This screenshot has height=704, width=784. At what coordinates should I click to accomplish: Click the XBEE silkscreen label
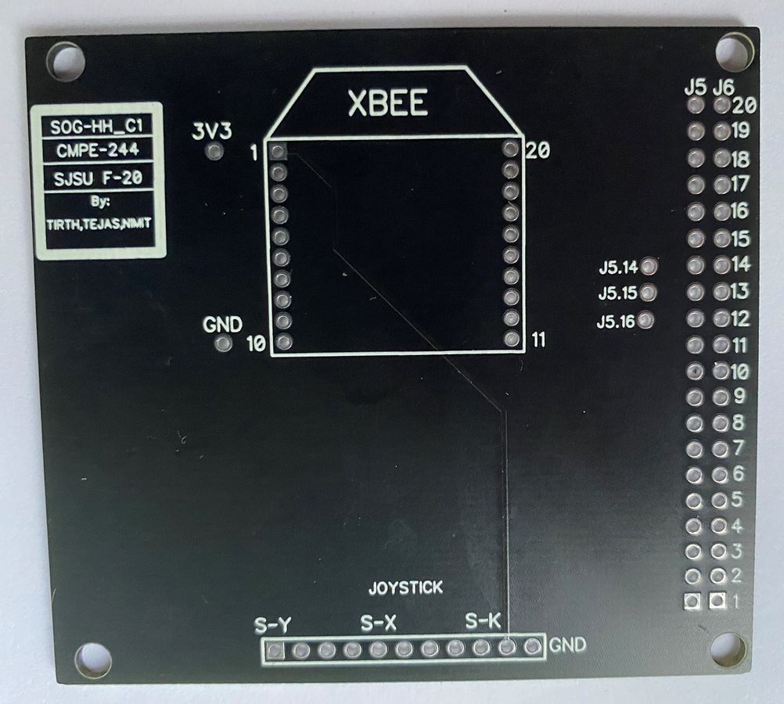click(x=388, y=103)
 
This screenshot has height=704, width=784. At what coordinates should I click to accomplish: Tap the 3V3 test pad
click(x=215, y=151)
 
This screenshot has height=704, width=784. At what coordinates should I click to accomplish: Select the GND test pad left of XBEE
click(x=222, y=343)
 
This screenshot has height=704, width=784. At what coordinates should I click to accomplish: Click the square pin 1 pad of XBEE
click(x=278, y=150)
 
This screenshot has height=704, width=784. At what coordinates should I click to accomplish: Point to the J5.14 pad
click(x=649, y=266)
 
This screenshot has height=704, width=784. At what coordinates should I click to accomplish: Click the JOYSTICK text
click(x=405, y=587)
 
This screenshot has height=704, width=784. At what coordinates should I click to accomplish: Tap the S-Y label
click(x=272, y=625)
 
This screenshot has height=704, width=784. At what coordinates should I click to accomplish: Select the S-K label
click(x=483, y=621)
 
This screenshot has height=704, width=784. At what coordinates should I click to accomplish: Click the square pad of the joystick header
click(x=275, y=651)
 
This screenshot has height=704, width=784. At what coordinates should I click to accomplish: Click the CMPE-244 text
click(x=98, y=150)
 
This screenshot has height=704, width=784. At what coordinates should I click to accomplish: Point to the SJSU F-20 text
click(x=98, y=178)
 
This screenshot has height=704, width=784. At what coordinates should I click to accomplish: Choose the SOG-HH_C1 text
click(x=97, y=127)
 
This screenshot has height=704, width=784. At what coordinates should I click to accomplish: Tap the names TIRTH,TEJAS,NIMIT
click(x=99, y=224)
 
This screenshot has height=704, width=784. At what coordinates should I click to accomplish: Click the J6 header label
click(x=723, y=88)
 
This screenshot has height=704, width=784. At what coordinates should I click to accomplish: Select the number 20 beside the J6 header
click(x=745, y=105)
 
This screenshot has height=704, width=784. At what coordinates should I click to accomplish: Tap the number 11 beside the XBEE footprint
click(x=538, y=340)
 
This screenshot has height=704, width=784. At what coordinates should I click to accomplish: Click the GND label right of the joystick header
click(x=567, y=645)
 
